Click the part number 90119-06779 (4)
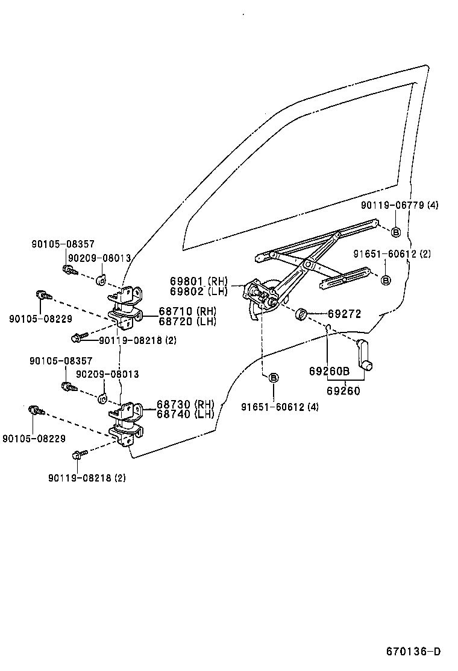[400, 205]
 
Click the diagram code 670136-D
[413, 652]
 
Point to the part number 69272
[344, 314]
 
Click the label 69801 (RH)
[198, 281]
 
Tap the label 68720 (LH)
[187, 321]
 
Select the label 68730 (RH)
[186, 404]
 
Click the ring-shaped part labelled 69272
[303, 314]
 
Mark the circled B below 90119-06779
[396, 232]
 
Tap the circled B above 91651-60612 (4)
[273, 378]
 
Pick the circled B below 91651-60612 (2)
[386, 280]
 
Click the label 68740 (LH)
[186, 414]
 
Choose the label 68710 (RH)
[187, 311]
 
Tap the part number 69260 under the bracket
[343, 391]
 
